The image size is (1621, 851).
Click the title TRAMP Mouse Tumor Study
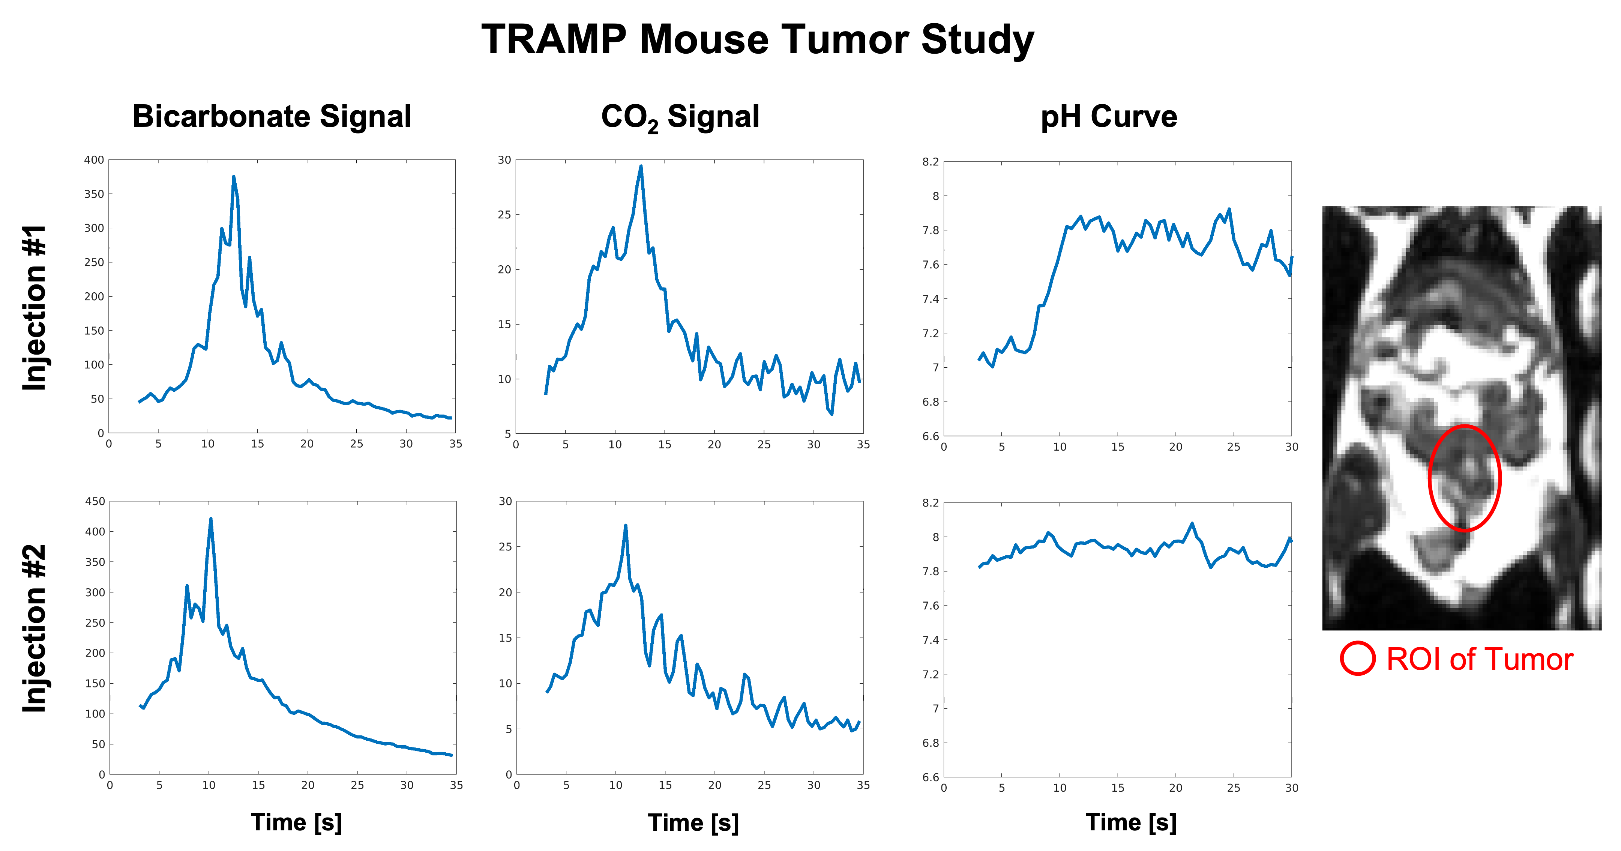click(758, 40)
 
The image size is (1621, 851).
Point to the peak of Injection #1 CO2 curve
click(641, 167)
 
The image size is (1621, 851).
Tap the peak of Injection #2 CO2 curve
click(626, 526)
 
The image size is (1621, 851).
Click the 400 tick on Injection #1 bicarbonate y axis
click(95, 160)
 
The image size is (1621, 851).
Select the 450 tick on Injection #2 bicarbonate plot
click(95, 502)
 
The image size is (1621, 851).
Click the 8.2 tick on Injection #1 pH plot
click(931, 162)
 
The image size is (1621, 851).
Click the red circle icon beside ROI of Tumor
click(1357, 659)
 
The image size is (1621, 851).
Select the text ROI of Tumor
click(1479, 659)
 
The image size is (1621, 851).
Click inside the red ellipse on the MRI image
click(1464, 478)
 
